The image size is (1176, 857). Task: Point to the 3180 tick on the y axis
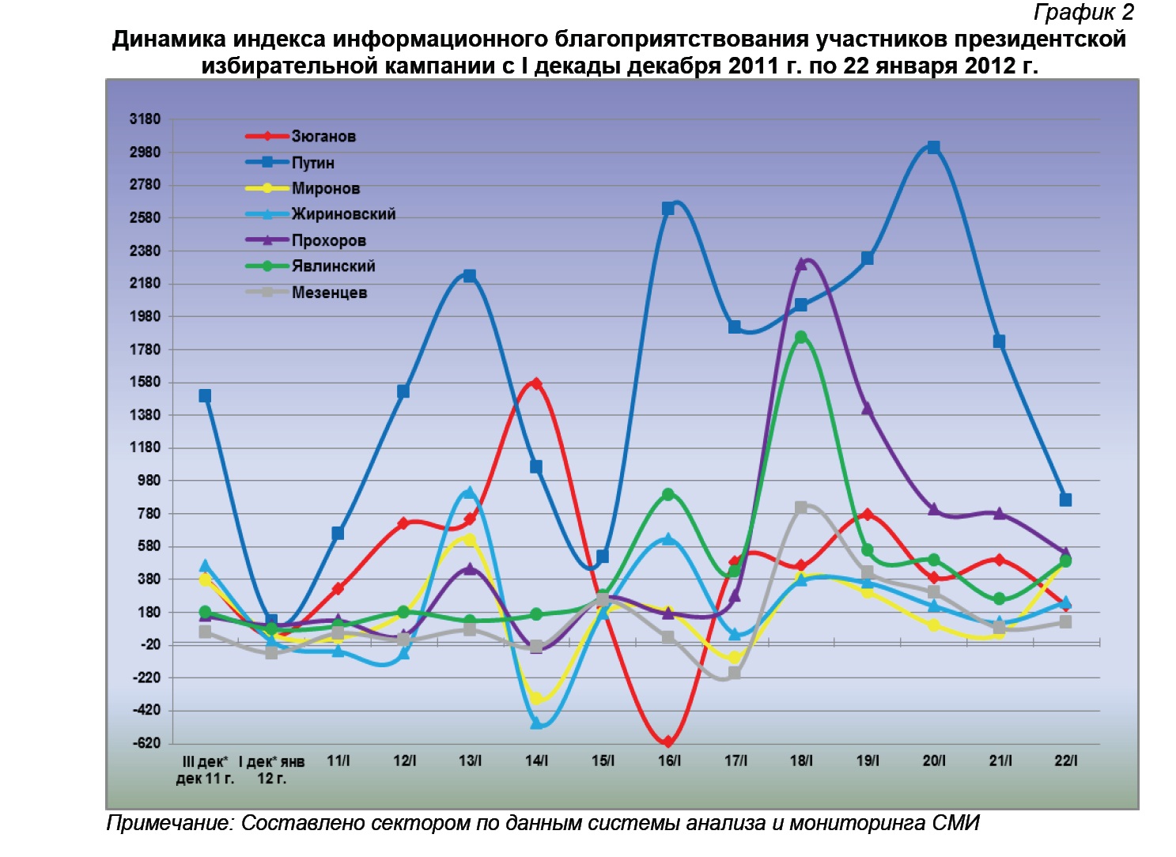pyautogui.click(x=145, y=119)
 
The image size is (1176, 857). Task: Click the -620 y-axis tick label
pyautogui.click(x=146, y=743)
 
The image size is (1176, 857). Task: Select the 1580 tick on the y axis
pyautogui.click(x=145, y=383)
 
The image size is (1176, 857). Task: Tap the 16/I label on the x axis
pyautogui.click(x=669, y=761)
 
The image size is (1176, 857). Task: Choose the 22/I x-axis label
pyautogui.click(x=1065, y=761)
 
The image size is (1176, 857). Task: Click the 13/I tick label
pyautogui.click(x=470, y=761)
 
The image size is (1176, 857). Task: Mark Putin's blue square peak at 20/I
pyautogui.click(x=933, y=148)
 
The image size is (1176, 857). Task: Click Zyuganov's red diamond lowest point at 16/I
pyautogui.click(x=668, y=742)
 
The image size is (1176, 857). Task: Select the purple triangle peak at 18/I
pyautogui.click(x=801, y=264)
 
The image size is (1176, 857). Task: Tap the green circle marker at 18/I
pyautogui.click(x=801, y=338)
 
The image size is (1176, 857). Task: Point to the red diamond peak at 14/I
pyautogui.click(x=536, y=384)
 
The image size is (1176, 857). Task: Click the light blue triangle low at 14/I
pyautogui.click(x=536, y=723)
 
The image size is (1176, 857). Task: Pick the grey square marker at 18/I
pyautogui.click(x=801, y=508)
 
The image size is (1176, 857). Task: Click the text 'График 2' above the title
pyautogui.click(x=1083, y=13)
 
